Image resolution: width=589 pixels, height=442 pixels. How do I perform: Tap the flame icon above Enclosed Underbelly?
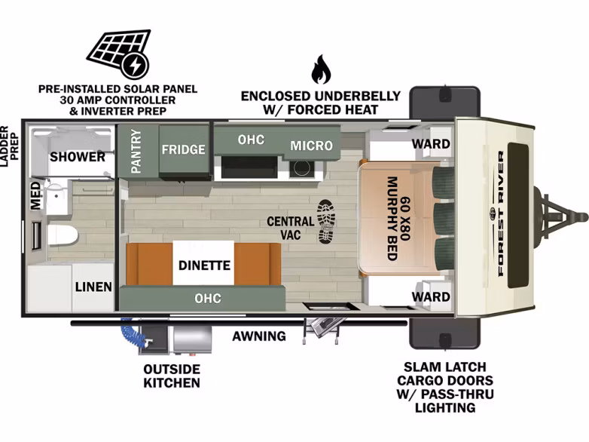click(321, 69)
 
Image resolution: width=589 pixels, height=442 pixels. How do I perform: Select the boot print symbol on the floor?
click(326, 221)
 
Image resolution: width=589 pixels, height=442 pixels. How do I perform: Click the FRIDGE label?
click(183, 149)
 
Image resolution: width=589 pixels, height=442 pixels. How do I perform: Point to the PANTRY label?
click(136, 151)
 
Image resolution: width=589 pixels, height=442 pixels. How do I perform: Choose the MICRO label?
click(311, 146)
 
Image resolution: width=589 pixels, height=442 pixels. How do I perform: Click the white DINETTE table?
click(203, 263)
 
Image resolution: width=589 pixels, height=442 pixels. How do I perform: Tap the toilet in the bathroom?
click(63, 235)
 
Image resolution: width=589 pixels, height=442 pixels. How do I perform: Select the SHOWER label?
click(78, 156)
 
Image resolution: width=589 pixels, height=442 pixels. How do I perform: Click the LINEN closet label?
click(93, 287)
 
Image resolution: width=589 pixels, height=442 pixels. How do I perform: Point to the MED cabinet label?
click(35, 195)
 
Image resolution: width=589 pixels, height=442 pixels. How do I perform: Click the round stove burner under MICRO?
click(301, 168)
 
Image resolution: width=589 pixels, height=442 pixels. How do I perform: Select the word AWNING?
click(259, 336)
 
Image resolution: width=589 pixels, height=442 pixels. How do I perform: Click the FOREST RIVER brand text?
click(501, 213)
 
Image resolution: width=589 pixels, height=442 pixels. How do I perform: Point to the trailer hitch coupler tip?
click(584, 217)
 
